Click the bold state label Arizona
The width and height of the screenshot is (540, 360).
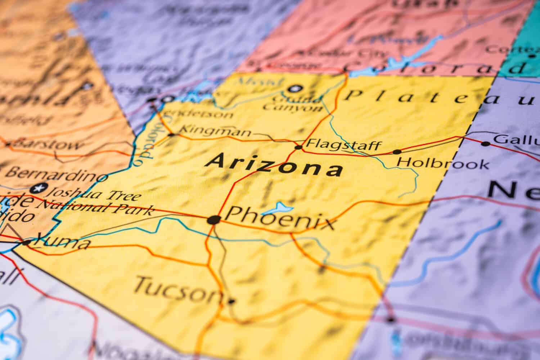[x=274, y=167]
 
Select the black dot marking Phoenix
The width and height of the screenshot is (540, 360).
[x=214, y=220]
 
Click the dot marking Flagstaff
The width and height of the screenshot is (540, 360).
[x=298, y=147]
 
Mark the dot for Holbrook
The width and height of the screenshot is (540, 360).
[x=397, y=152]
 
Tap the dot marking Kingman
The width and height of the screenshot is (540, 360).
[x=172, y=135]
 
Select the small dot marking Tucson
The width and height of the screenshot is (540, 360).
[x=231, y=301]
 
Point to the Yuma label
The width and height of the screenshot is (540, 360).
[x=61, y=242]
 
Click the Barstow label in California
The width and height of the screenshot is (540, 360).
[x=47, y=144]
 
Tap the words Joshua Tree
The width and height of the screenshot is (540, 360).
[x=95, y=193]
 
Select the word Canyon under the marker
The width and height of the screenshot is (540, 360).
[x=292, y=107]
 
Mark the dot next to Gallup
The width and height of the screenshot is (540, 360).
[x=486, y=144]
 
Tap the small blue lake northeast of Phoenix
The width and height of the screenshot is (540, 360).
[x=279, y=208]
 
